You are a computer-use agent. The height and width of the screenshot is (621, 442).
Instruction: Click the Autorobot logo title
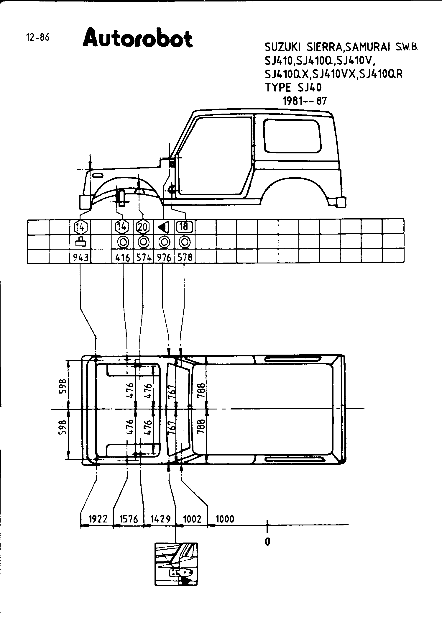pos(138,38)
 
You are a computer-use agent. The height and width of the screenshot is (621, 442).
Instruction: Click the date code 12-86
pos(38,37)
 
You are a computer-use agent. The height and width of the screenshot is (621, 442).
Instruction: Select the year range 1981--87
pos(305,101)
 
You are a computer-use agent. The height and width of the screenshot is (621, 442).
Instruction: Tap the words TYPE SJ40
pos(293,88)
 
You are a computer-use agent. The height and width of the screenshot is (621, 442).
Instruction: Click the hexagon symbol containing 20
pos(143,227)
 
